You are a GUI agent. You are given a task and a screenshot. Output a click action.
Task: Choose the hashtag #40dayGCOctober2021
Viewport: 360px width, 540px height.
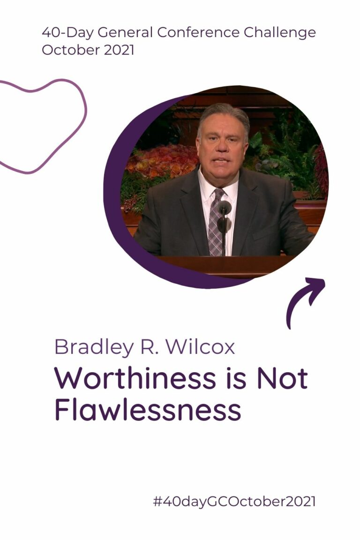[x=234, y=502]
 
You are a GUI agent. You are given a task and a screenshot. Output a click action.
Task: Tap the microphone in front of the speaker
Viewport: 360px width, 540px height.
[x=225, y=209]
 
